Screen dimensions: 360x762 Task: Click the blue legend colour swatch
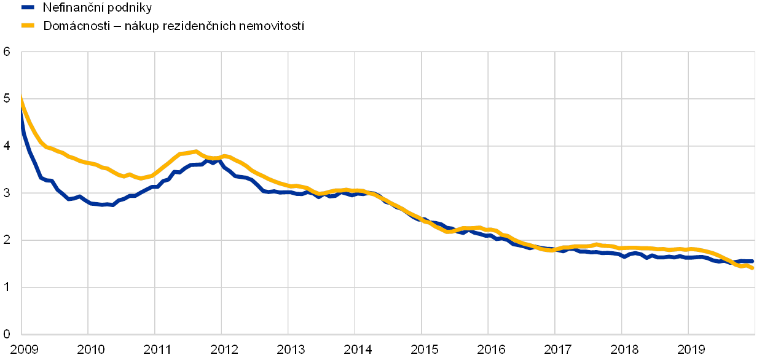click(x=27, y=8)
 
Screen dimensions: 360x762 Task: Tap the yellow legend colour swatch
click(x=27, y=25)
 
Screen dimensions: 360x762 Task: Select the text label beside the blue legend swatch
click(x=98, y=8)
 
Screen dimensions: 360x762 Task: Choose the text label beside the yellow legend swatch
click(x=175, y=25)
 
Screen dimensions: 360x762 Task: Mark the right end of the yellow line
click(x=753, y=268)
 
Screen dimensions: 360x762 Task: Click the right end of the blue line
click(x=753, y=261)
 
